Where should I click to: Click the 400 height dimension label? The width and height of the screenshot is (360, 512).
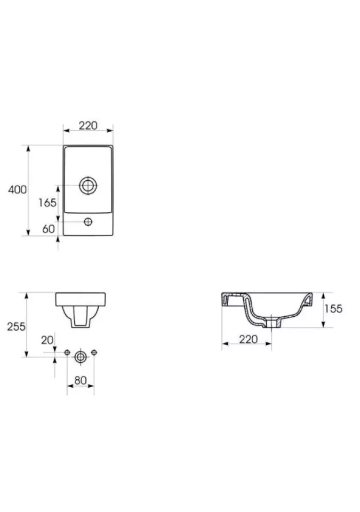point(17,190)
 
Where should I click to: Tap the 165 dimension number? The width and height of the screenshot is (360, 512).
point(47,203)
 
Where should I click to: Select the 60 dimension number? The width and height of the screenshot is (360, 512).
point(49,229)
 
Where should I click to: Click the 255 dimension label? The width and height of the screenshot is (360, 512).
point(16,326)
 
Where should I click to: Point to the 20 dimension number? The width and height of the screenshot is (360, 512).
point(47,340)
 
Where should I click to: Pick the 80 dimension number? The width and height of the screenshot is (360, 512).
point(81,380)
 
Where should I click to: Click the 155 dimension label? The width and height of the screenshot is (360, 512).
point(333,309)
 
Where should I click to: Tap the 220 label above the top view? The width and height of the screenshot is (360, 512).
point(88,125)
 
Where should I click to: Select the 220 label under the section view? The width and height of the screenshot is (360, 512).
point(249,339)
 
